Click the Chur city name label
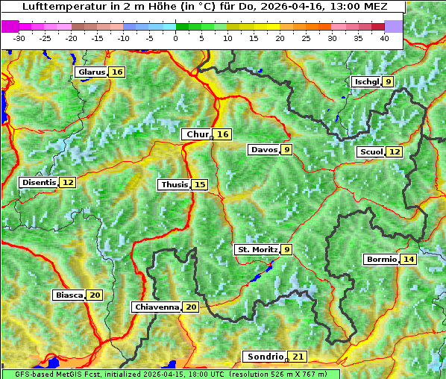coord(197,134)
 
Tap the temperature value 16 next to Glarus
coord(117,72)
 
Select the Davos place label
coord(264,149)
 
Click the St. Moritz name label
coord(257,249)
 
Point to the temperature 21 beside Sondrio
coord(298,357)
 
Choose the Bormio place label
coord(381,260)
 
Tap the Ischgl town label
coord(366,81)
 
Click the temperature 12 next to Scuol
coord(395,151)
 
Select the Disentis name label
coord(38,182)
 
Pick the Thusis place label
coord(174,184)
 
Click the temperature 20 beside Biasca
coord(95,295)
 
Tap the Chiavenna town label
coord(157,307)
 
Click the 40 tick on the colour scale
coord(384,37)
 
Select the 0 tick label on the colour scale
coord(175,37)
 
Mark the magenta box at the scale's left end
coord(10,26)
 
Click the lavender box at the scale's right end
coord(394,26)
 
